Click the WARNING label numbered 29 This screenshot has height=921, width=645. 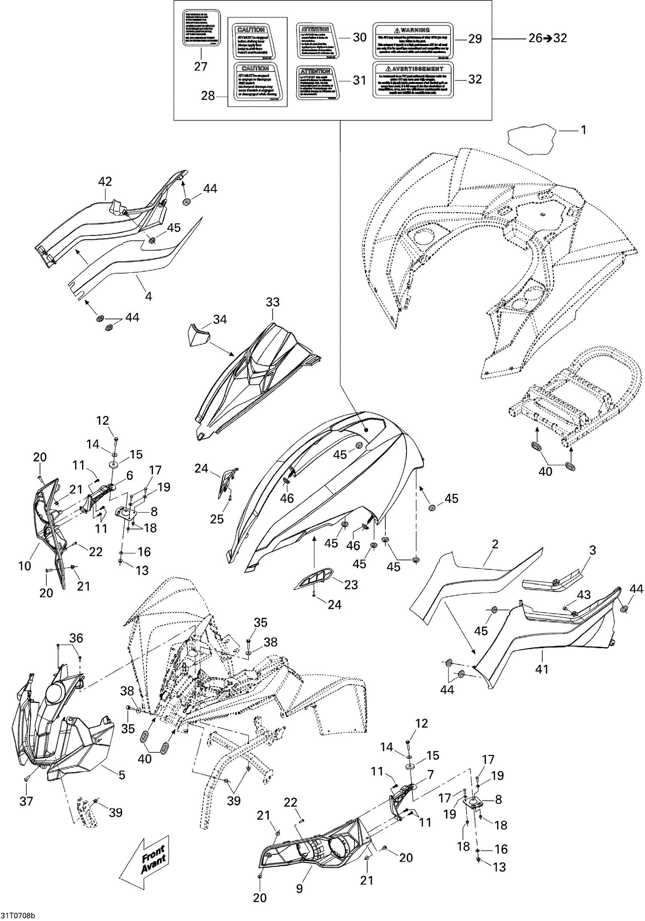point(412,40)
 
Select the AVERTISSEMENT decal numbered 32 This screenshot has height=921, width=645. point(412,80)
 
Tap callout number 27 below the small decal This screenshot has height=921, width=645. point(201,66)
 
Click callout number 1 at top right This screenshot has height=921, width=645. point(584,130)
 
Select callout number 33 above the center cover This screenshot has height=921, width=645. point(273,302)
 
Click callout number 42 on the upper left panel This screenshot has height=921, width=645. point(105,182)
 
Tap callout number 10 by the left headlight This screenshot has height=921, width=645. point(25,566)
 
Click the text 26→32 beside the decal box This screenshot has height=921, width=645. point(547,38)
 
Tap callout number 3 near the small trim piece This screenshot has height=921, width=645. point(593,550)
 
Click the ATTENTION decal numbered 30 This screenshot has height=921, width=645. point(316,41)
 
